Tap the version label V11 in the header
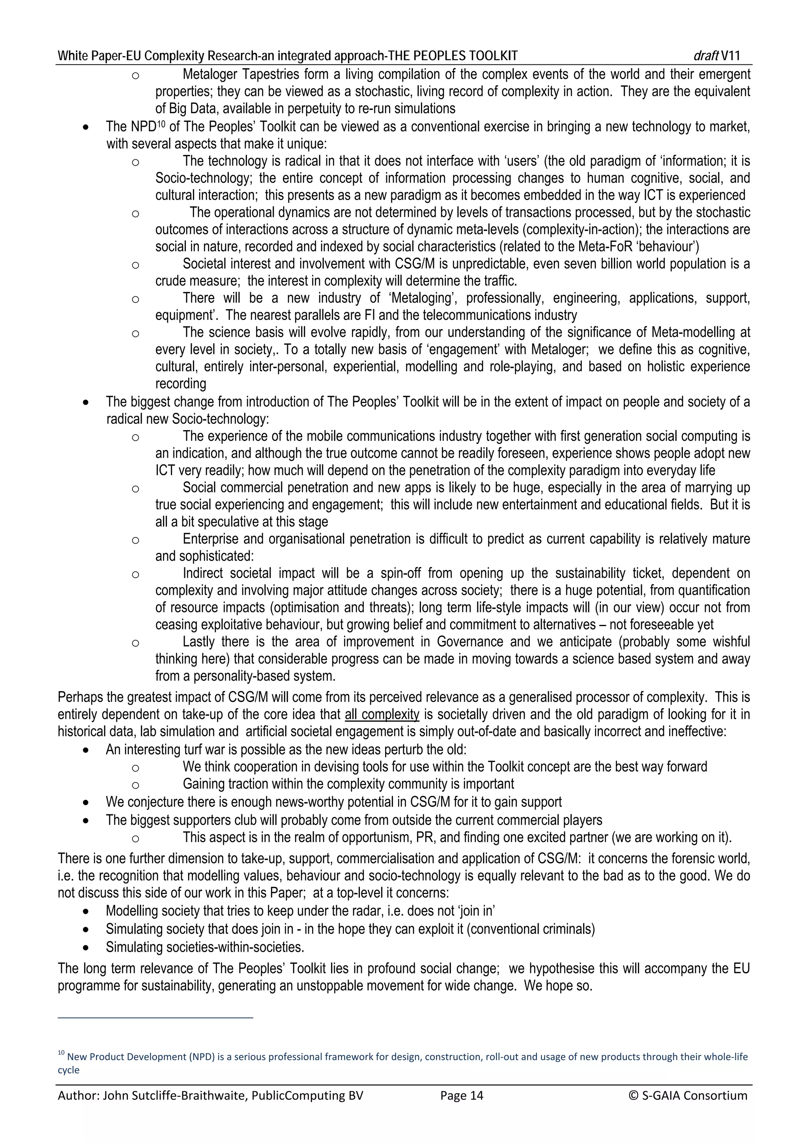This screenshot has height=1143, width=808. pyautogui.click(x=730, y=56)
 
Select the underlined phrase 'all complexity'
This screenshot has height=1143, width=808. pyautogui.click(x=382, y=715)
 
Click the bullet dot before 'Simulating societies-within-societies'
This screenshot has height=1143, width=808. pyautogui.click(x=87, y=947)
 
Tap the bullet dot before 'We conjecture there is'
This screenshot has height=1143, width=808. pyautogui.click(x=87, y=803)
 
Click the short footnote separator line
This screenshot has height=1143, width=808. pyautogui.click(x=155, y=1018)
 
